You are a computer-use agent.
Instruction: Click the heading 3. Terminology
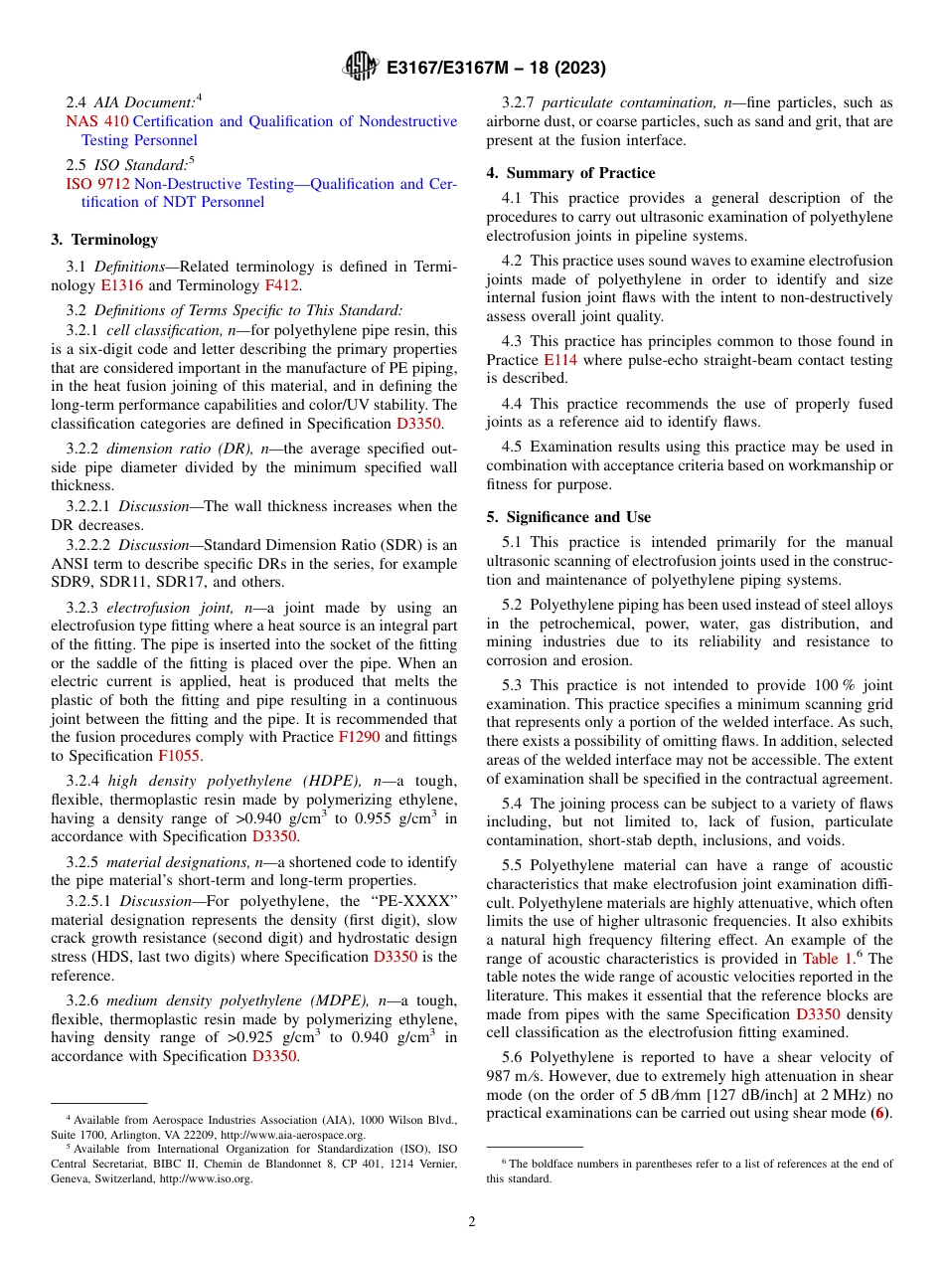pyautogui.click(x=104, y=240)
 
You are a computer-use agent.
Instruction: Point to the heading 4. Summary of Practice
pyautogui.click(x=570, y=173)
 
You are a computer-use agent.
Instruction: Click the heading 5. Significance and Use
pyautogui.click(x=568, y=517)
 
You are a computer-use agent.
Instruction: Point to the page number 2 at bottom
pyautogui.click(x=472, y=1221)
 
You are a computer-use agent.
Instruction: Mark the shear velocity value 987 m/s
pyautogui.click(x=513, y=1077)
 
